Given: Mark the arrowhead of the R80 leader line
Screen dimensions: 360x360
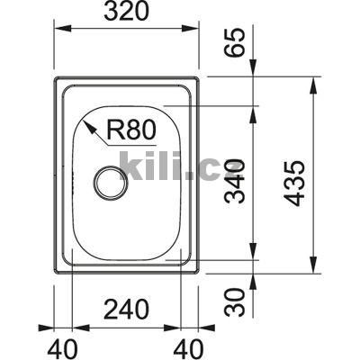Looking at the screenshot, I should click(x=87, y=125).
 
